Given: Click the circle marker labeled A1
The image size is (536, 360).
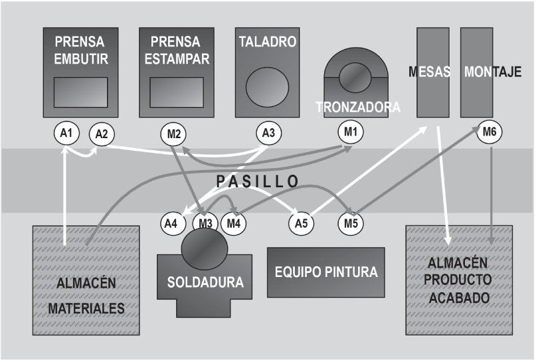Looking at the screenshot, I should (x=65, y=133).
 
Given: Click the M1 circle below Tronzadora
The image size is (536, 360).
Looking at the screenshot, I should (x=350, y=133).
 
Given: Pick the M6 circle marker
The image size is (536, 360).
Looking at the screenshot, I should (x=490, y=133).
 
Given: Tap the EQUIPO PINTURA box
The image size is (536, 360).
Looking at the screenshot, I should (x=326, y=272).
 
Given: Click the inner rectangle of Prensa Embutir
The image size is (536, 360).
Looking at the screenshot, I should (x=80, y=92).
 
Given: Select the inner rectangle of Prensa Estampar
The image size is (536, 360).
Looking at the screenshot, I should (x=177, y=92).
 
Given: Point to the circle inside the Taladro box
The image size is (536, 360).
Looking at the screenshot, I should (x=268, y=87).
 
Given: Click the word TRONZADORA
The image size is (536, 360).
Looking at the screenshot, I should (x=358, y=107).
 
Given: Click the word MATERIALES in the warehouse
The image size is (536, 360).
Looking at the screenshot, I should (x=88, y=309).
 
